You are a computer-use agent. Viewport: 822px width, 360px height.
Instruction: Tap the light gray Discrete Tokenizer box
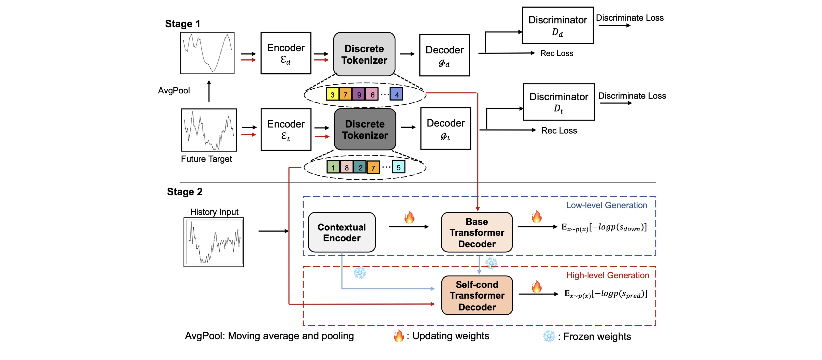(x=364, y=54)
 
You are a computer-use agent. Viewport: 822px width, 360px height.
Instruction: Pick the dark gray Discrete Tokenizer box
(x=365, y=129)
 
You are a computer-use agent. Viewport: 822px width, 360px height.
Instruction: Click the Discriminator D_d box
(x=558, y=25)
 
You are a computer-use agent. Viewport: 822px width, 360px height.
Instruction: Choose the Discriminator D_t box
(x=559, y=102)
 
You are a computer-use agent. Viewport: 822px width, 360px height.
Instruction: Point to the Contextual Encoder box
(x=341, y=232)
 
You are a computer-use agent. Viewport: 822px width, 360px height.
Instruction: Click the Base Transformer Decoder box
(x=477, y=232)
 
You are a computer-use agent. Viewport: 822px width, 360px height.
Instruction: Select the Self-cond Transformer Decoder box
(x=477, y=295)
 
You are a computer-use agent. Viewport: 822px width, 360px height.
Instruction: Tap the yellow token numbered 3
(x=332, y=94)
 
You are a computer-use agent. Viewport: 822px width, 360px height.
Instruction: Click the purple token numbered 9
(x=359, y=94)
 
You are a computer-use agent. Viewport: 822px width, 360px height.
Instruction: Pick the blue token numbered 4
(x=396, y=94)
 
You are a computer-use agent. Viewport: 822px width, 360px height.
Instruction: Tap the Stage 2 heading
(x=184, y=192)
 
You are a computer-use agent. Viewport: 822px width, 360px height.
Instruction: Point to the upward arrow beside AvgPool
(x=209, y=91)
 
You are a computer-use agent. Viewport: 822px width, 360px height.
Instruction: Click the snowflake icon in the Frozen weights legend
(x=549, y=336)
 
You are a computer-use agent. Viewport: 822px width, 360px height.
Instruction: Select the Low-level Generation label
(x=606, y=205)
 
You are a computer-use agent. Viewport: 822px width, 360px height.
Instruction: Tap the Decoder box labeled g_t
(x=445, y=128)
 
